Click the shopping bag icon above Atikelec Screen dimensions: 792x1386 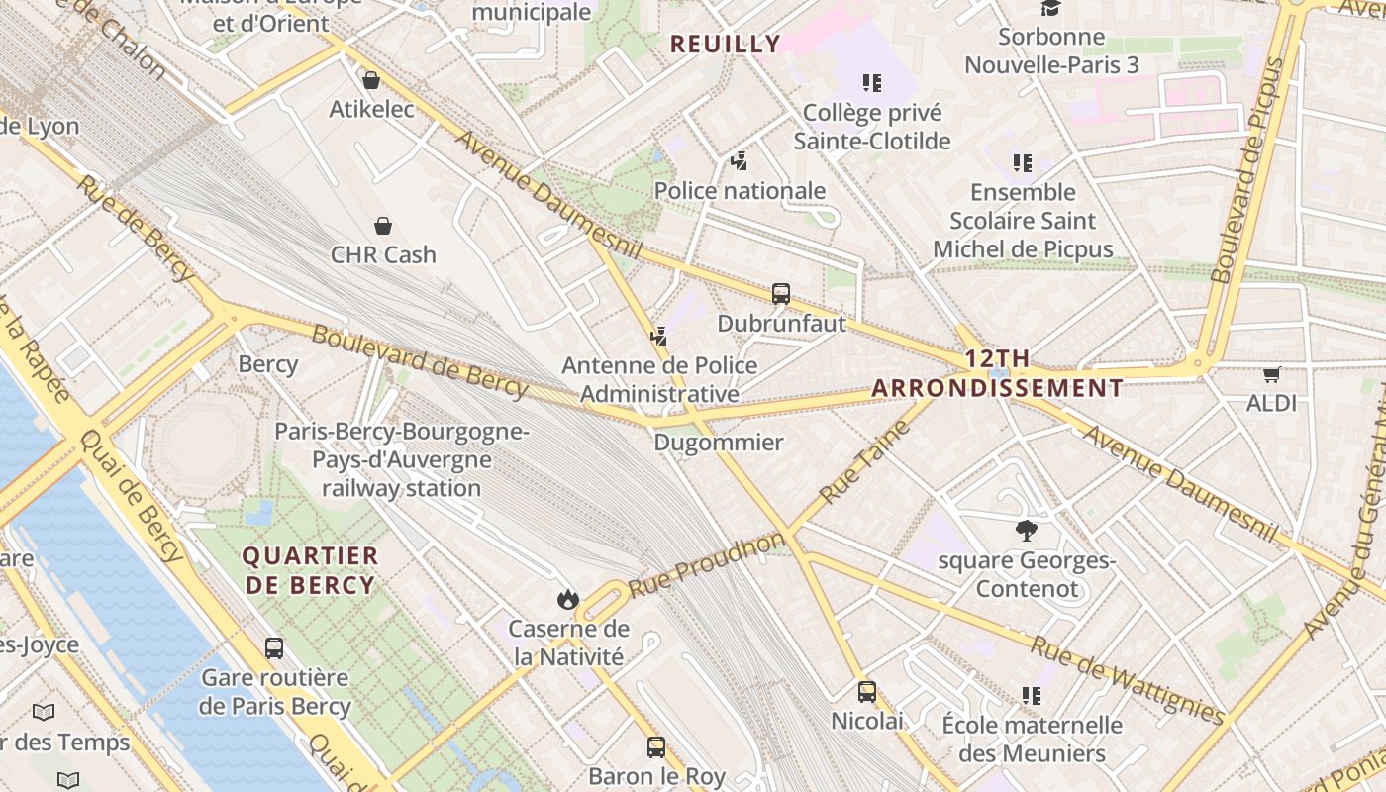371,80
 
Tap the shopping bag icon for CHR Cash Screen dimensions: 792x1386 383,227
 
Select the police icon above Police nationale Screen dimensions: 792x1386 739,161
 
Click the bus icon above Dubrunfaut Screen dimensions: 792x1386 781,294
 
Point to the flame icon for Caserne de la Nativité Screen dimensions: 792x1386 567,599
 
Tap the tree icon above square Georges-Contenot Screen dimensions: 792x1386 1027,532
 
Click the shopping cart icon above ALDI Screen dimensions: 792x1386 1272,374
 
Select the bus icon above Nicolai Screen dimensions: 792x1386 867,692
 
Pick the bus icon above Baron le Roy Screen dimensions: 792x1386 656,747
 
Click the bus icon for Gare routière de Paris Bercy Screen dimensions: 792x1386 274,649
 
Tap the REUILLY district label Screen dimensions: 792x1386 726,44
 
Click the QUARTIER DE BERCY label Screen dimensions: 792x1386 311,570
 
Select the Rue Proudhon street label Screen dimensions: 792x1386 705,565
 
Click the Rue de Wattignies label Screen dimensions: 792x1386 1128,680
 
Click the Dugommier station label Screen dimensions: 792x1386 719,443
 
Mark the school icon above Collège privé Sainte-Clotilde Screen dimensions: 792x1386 871,83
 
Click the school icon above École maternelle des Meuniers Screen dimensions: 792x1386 1032,697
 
